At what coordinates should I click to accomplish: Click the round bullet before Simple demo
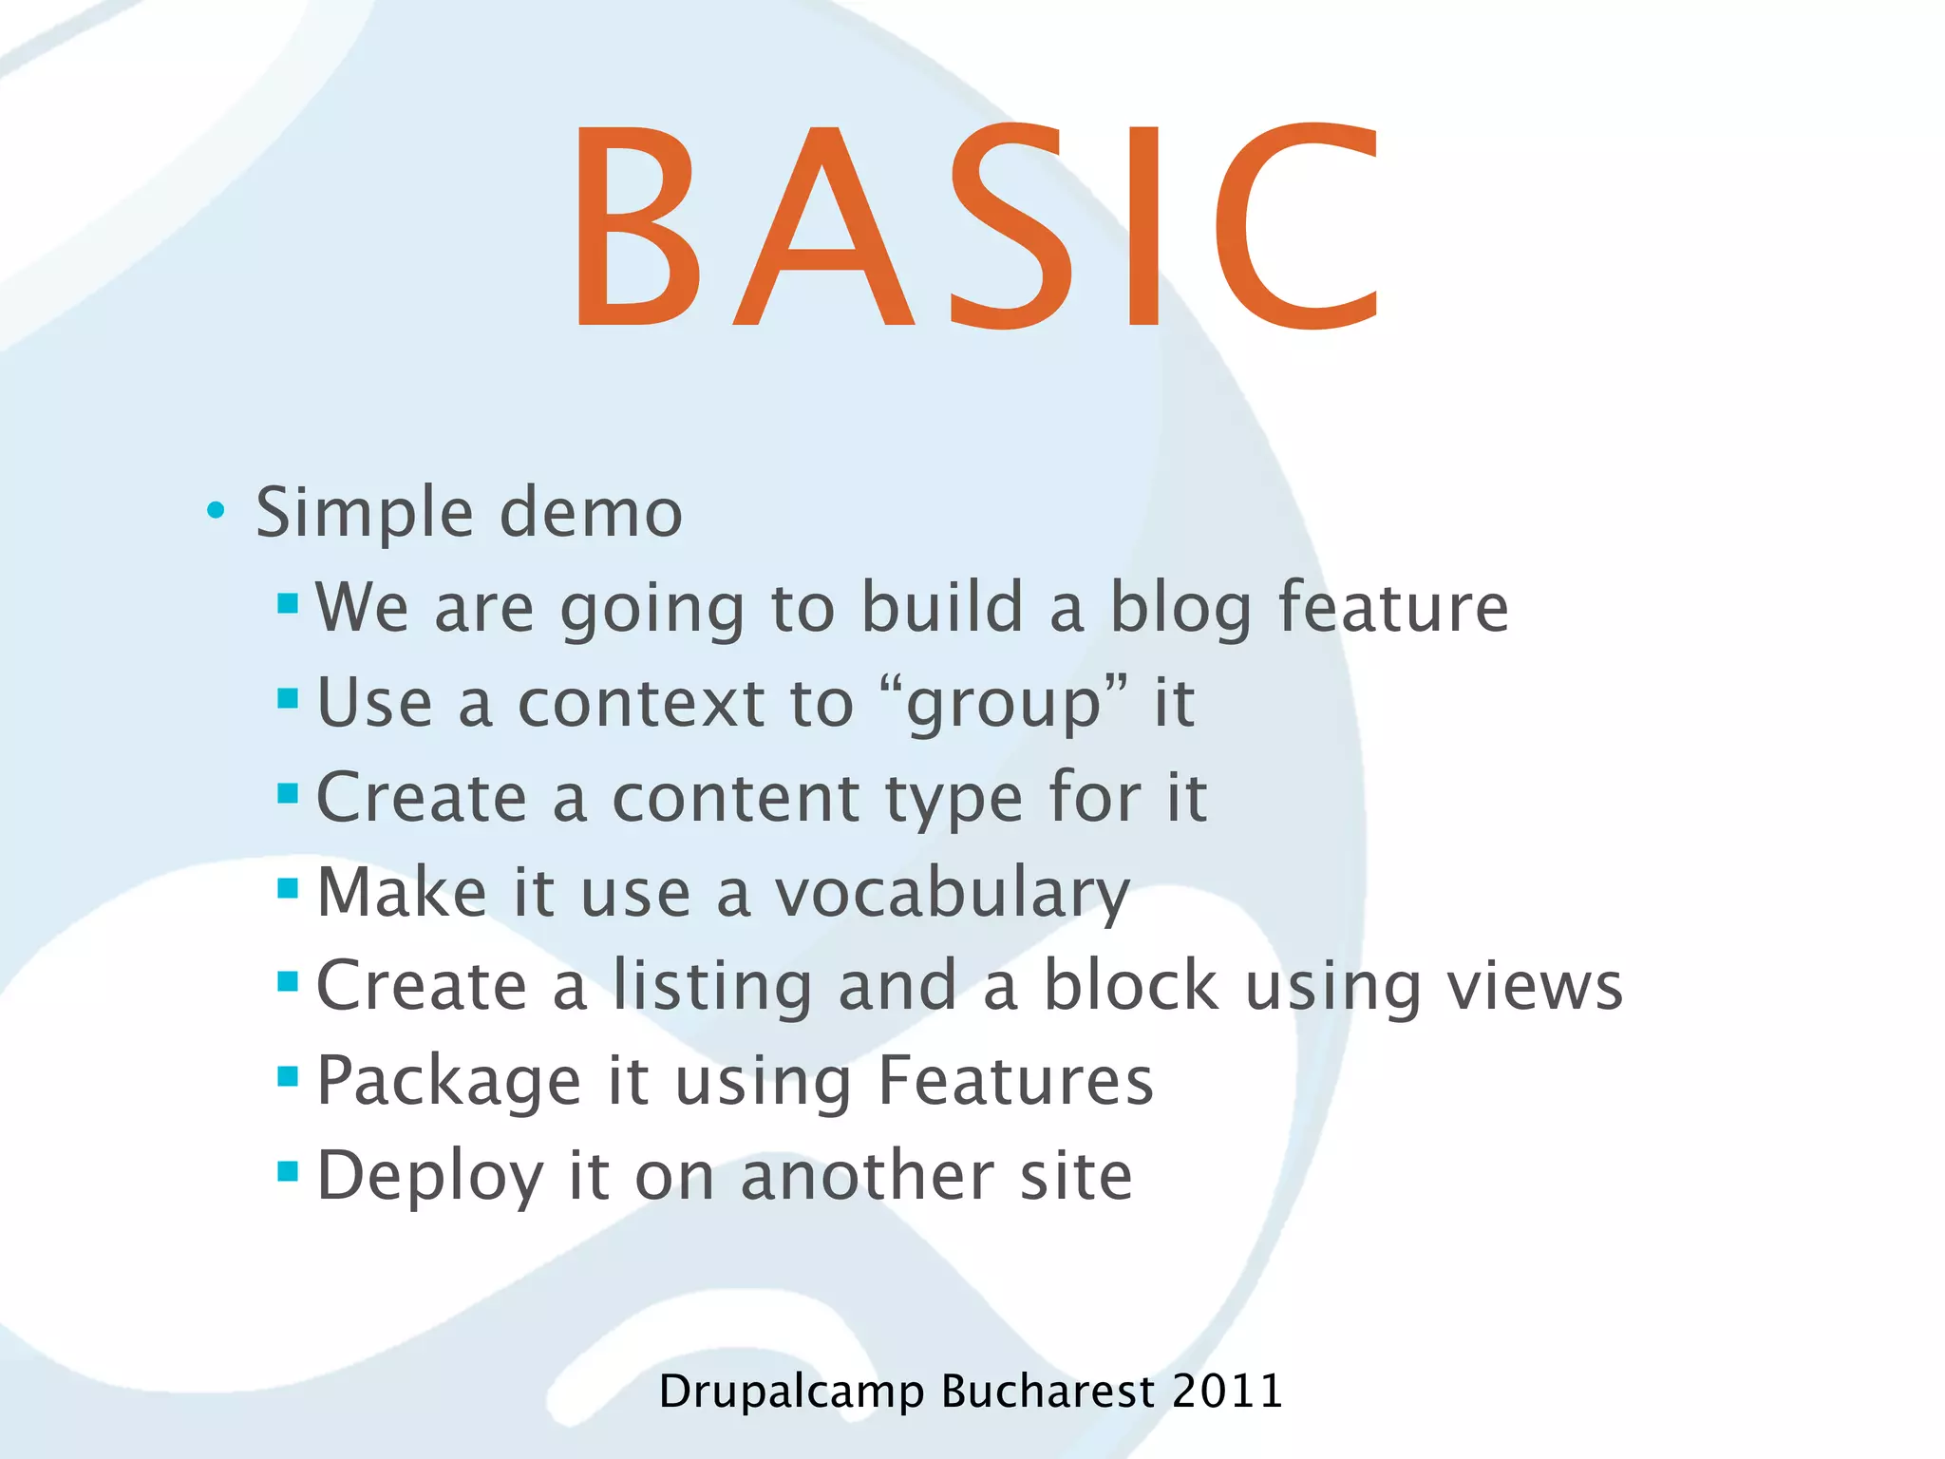(216, 511)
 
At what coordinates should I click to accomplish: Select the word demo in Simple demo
(590, 513)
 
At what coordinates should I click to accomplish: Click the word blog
(1180, 608)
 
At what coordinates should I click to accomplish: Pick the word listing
(712, 988)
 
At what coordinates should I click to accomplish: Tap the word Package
(448, 1083)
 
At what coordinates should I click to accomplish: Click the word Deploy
(429, 1178)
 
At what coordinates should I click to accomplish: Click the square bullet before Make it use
(288, 888)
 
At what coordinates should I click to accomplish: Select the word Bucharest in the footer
(1048, 1391)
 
